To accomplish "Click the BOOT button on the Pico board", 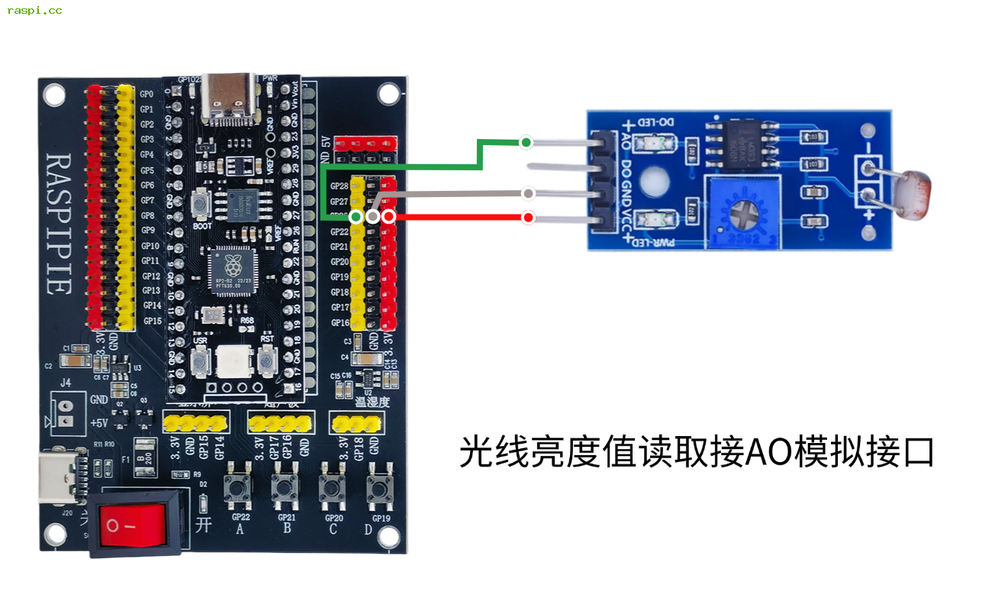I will (x=202, y=205).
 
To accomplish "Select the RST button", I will (x=267, y=359).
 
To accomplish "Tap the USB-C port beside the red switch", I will (x=60, y=477).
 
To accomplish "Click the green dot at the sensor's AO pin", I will (x=526, y=142).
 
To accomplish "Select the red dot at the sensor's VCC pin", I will (x=527, y=218).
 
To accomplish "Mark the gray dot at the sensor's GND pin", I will (x=527, y=193).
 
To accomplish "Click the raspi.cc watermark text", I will (x=34, y=10).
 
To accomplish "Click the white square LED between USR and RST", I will (x=233, y=361).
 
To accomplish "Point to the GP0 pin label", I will (x=147, y=94).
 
